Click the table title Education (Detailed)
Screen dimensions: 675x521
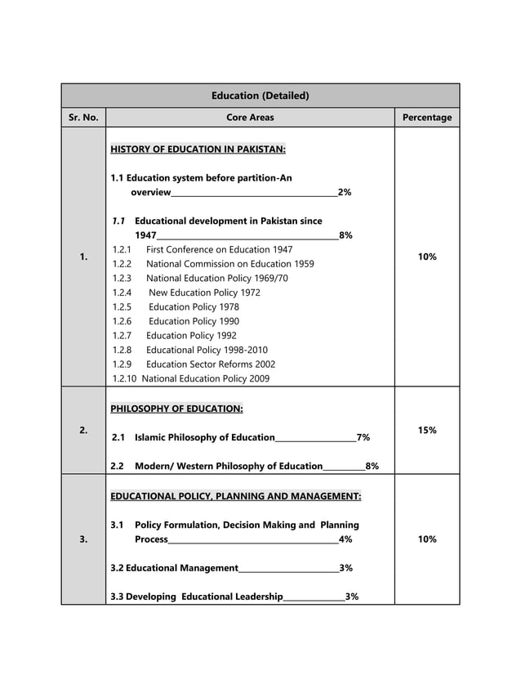260,96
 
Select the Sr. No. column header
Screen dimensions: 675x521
83,118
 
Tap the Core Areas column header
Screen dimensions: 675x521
250,118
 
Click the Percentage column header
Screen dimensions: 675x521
426,118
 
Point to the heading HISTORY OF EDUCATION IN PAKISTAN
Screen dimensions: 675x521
198,150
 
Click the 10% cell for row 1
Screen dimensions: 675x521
426,257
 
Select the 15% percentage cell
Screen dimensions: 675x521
426,430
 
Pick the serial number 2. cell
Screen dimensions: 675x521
83,430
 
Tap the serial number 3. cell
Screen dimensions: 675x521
83,539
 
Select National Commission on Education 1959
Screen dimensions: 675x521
229,264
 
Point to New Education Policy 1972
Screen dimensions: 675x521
204,293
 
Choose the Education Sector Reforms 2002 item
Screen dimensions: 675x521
211,364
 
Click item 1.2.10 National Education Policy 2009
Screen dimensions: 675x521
190,378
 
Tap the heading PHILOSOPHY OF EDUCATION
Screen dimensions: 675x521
176,409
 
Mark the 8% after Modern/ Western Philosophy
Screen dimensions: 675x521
372,466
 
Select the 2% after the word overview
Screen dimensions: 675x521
345,192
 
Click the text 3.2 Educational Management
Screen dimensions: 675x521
174,567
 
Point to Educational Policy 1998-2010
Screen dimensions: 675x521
207,350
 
